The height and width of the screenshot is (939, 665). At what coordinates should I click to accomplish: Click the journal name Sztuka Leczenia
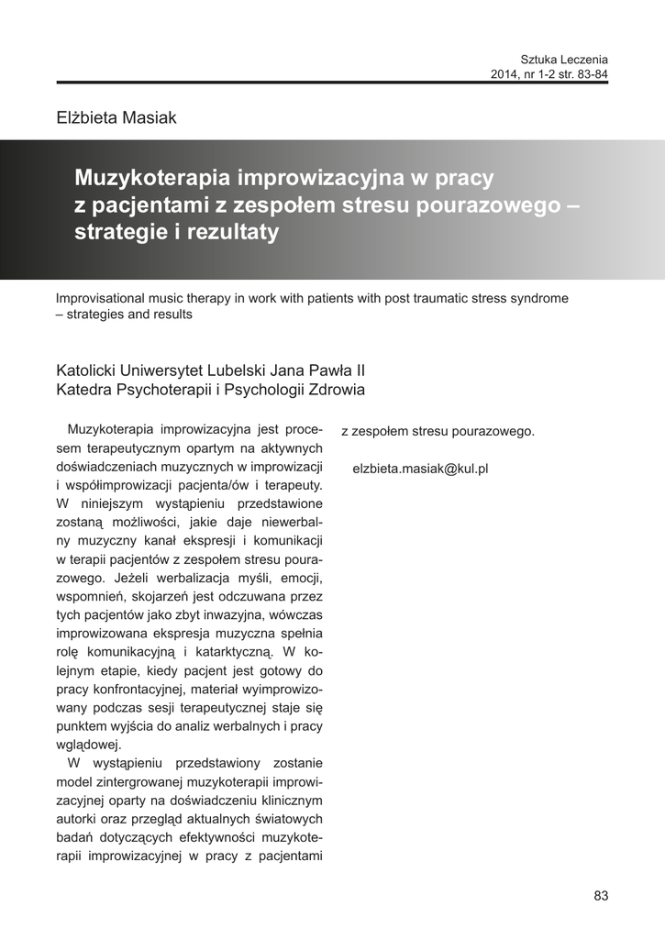(x=564, y=58)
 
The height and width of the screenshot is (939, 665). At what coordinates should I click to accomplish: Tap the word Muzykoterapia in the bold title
(x=151, y=176)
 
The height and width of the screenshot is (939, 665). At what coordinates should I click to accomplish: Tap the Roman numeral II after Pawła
(x=359, y=370)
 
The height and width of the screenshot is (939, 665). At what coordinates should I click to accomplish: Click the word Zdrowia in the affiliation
(x=338, y=390)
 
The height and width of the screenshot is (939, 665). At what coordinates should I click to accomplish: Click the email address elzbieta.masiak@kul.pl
(x=420, y=468)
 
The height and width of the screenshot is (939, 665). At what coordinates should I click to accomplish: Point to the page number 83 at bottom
(x=601, y=896)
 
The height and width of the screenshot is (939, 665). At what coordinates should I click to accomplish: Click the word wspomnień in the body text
(x=87, y=596)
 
